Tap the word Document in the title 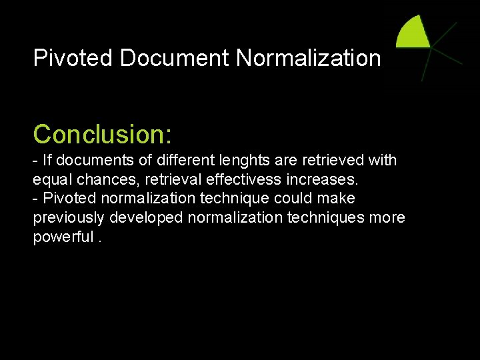pos(175,59)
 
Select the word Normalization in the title pos(308,59)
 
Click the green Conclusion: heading pos(103,134)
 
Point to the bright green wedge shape pos(414,33)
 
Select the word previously pos(70,219)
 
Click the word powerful pos(62,238)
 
